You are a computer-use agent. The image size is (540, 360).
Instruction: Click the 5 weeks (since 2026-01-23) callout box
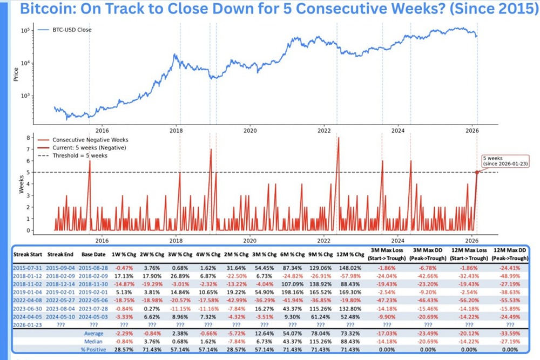pos(501,161)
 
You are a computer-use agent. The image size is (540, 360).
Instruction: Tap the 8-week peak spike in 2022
pos(338,138)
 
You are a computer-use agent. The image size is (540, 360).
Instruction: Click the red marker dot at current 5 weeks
pos(477,172)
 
